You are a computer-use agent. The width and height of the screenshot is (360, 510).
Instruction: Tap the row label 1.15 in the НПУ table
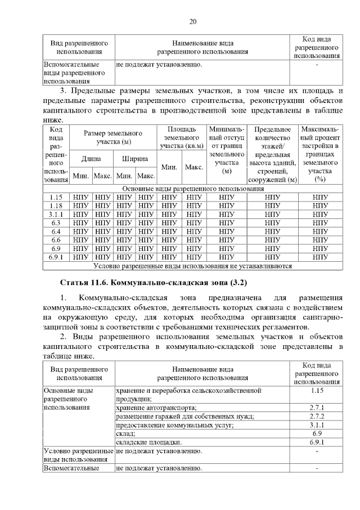(x=56, y=198)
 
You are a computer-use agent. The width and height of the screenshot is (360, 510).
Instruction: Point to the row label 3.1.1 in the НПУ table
(x=56, y=214)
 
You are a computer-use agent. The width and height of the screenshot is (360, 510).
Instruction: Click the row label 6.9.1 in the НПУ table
(x=56, y=257)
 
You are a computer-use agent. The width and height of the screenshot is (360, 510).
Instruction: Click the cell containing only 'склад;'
(x=126, y=434)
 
